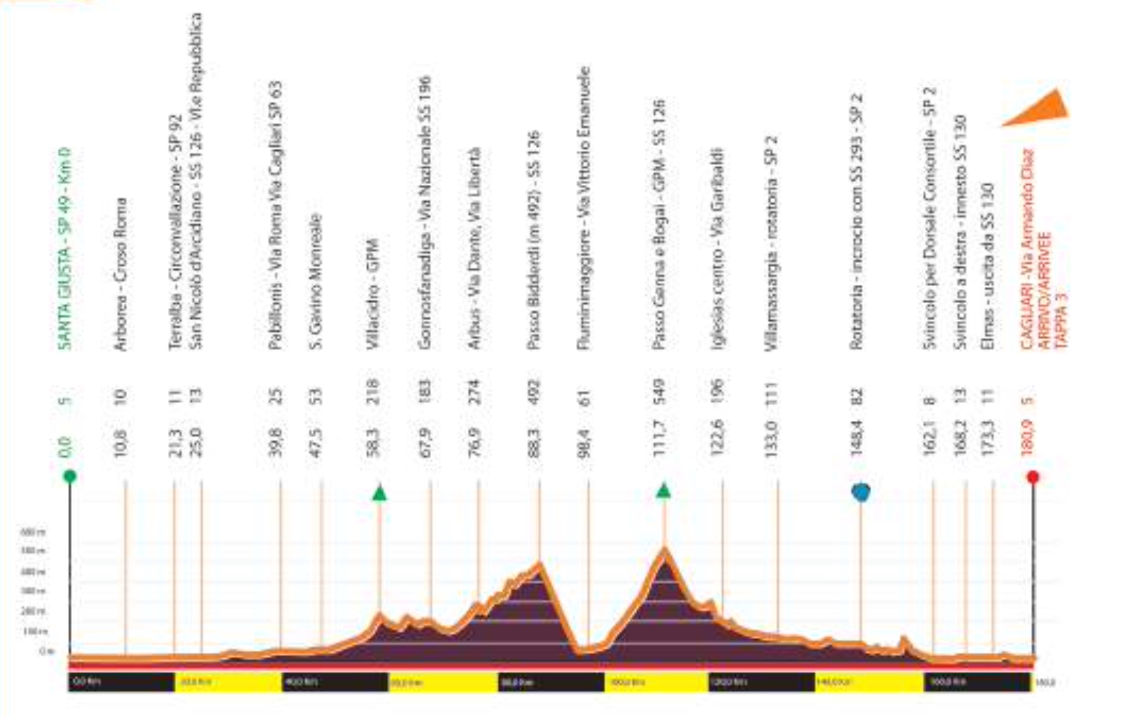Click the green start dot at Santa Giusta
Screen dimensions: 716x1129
[70, 476]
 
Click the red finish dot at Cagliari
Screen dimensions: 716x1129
[1033, 476]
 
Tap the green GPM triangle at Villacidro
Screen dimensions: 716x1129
[380, 494]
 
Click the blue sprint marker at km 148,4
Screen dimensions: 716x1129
[861, 492]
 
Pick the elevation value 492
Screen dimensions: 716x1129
[533, 392]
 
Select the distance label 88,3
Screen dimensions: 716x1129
[533, 440]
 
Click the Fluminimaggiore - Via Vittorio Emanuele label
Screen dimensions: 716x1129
[583, 208]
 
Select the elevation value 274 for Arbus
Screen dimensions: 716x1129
[474, 392]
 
